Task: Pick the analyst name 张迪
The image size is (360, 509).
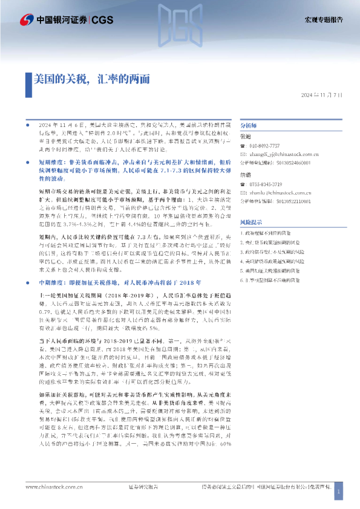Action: pos(246,137)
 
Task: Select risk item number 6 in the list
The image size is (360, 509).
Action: pos(279,280)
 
